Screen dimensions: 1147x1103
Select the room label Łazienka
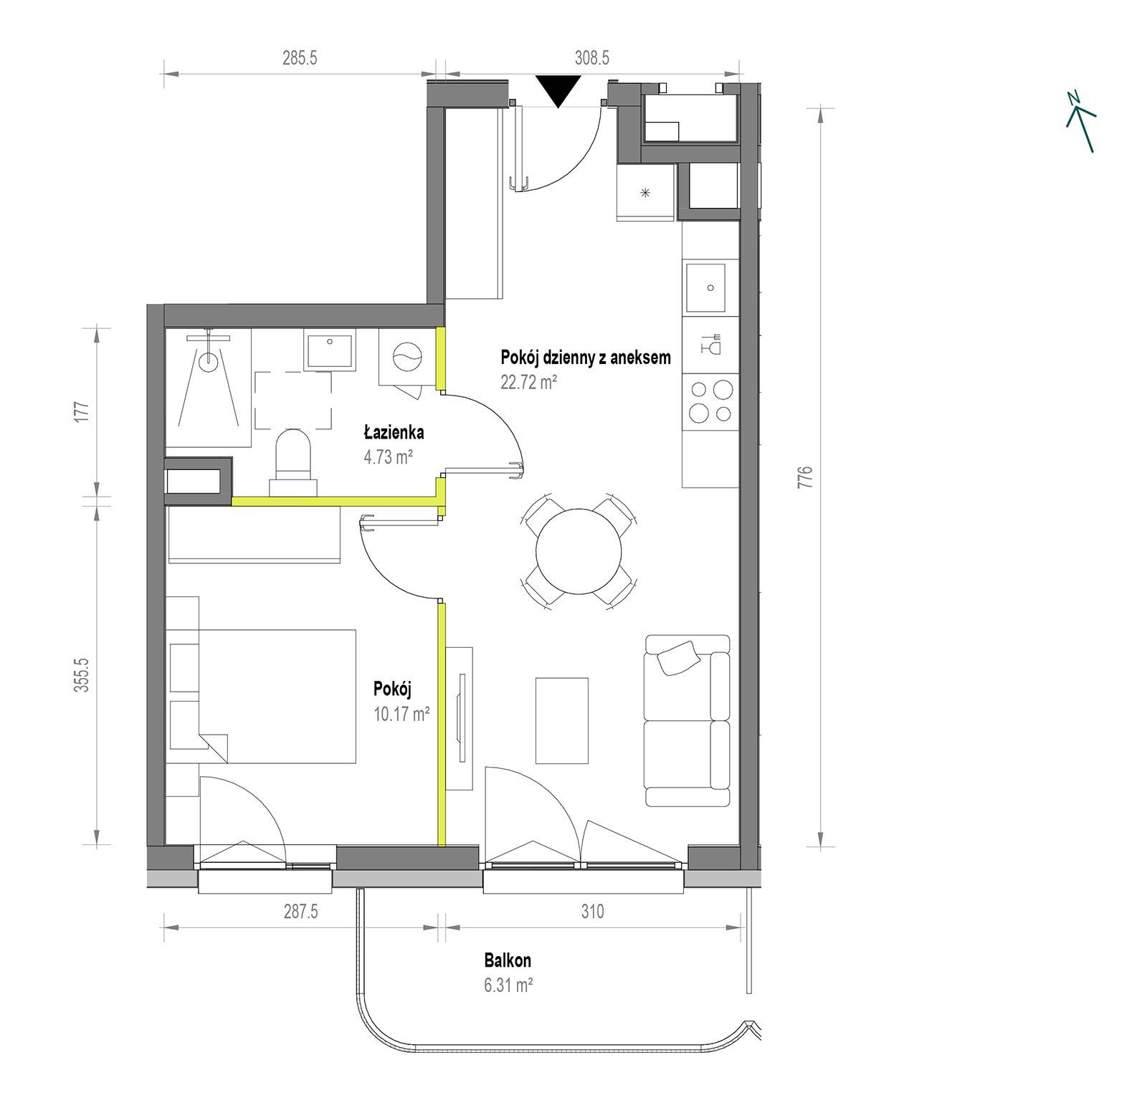tap(394, 432)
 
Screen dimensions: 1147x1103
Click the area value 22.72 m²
tap(529, 382)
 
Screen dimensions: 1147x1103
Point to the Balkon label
tap(508, 960)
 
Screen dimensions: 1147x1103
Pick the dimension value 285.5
tap(299, 58)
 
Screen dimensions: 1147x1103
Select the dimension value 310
tap(592, 912)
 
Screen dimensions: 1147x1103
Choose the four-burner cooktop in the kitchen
tap(710, 401)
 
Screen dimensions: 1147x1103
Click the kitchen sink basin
tap(706, 288)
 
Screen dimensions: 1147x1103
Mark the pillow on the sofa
tap(678, 657)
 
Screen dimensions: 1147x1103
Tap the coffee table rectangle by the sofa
tap(562, 720)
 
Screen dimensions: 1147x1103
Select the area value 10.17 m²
tap(401, 713)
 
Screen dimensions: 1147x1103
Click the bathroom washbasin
tap(330, 350)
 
